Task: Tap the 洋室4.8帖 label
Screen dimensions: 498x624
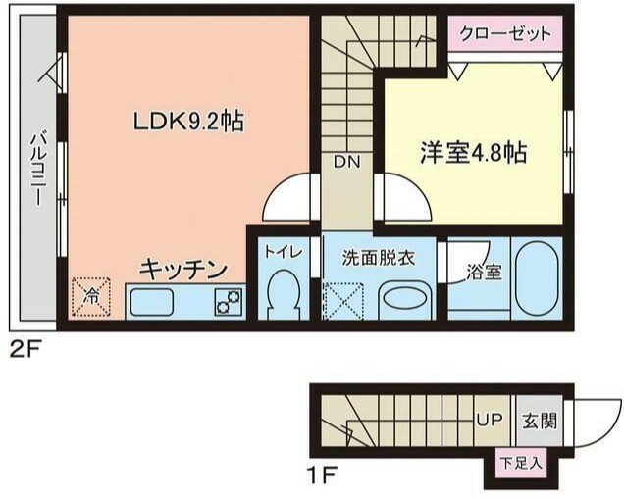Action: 474,153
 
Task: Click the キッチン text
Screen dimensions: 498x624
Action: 183,268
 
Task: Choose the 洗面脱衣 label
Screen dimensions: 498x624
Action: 378,258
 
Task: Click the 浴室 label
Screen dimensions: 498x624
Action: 485,271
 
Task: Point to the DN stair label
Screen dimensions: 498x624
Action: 346,162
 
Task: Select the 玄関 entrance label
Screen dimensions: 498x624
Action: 540,422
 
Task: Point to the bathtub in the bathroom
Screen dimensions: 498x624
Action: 537,281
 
